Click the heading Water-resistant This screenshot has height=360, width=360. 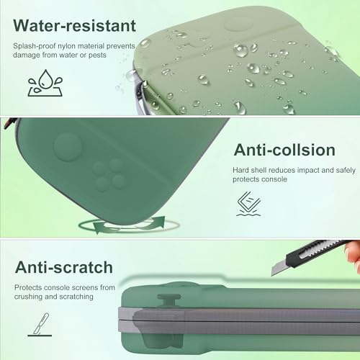coord(75,25)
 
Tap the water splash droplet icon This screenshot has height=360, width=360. coord(45,83)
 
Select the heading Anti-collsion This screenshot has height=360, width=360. coord(284,150)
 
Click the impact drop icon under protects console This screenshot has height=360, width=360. coord(248,204)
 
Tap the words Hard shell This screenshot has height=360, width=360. coord(250,170)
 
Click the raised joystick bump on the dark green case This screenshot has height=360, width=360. coord(68,147)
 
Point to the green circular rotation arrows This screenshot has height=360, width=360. coord(129,225)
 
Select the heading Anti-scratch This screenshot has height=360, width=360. coord(64,267)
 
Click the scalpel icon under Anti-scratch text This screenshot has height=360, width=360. coord(40,325)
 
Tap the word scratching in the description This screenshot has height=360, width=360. coord(76,297)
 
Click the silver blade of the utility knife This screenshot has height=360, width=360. coord(279,267)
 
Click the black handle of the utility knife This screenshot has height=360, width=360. coord(317,251)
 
